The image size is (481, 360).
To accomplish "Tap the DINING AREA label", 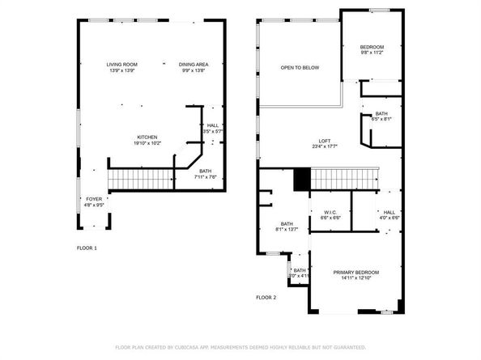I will coord(194,64).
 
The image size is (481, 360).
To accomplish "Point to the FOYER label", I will coord(95,198).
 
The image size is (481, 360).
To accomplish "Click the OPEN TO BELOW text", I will coord(300,67).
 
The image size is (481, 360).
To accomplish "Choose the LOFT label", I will coord(324,141).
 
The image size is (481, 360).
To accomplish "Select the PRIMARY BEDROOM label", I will coord(355,272).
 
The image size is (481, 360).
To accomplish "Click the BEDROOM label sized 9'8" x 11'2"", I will coord(372,47).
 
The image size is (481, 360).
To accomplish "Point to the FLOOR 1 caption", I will coord(87,248).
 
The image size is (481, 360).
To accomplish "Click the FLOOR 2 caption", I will coord(266,298).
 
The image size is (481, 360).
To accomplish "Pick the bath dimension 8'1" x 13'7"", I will coord(287,230).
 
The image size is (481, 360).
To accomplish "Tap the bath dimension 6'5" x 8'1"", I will coord(381,120).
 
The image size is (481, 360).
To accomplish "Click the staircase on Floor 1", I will coord(143,177).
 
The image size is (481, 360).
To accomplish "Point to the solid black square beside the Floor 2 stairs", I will coord(302,178).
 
